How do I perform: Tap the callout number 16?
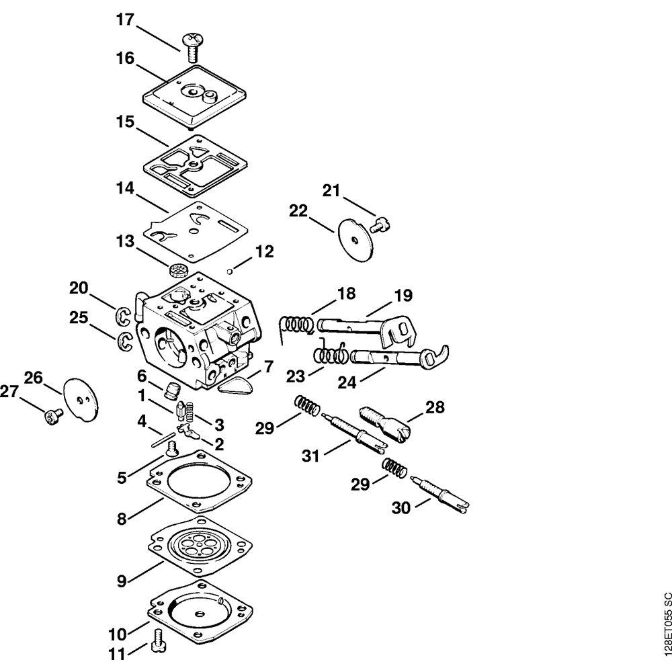(125, 58)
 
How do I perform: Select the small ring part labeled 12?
(230, 271)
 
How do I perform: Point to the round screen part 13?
(178, 271)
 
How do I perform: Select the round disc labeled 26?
(81, 399)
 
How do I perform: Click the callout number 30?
(401, 509)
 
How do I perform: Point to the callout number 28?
(435, 407)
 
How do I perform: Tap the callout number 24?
(347, 382)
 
